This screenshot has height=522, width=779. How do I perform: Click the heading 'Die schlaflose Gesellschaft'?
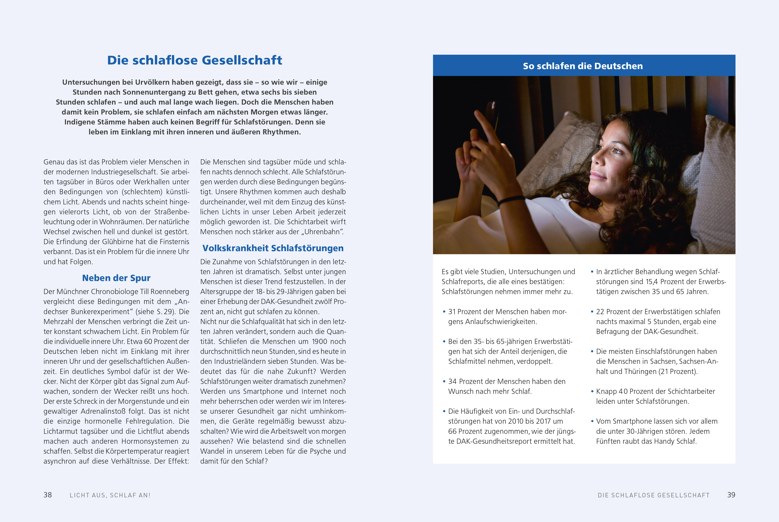click(195, 60)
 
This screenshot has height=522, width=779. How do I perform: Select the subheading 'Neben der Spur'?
click(116, 278)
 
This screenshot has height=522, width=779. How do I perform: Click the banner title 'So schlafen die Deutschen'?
click(583, 66)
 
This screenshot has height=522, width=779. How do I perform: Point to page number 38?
click(48, 495)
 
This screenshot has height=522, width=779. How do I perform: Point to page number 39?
click(731, 495)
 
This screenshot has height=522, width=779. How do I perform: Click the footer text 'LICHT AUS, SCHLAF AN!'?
click(110, 495)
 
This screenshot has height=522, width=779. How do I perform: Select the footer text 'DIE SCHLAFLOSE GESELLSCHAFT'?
click(654, 495)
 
